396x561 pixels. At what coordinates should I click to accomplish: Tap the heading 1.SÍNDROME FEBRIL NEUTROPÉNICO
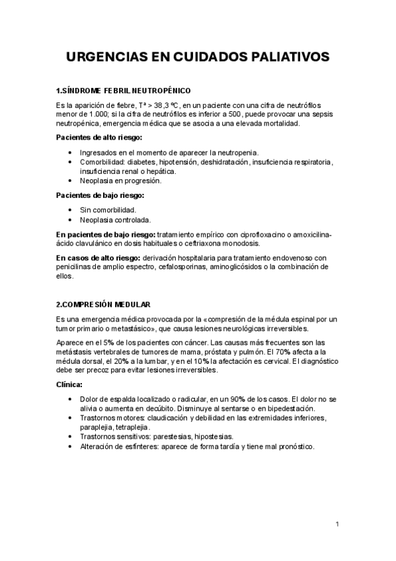(x=124, y=90)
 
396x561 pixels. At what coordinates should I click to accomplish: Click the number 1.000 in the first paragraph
(x=99, y=114)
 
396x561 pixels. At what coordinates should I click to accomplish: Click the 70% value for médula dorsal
(x=283, y=352)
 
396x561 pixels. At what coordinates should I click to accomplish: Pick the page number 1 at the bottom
(x=337, y=525)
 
